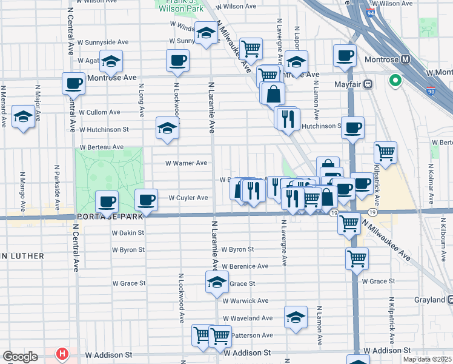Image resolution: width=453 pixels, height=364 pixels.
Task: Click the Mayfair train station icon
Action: pyautogui.click(x=367, y=86)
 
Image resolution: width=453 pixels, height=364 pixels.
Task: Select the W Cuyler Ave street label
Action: pyautogui.click(x=188, y=198)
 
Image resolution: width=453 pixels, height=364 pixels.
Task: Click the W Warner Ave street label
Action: pyautogui.click(x=187, y=163)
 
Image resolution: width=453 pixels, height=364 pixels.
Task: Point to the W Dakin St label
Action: pyautogui.click(x=128, y=232)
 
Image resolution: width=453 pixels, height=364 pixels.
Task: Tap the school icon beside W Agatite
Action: pyautogui.click(x=111, y=60)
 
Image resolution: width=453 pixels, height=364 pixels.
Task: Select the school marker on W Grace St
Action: pyautogui.click(x=217, y=282)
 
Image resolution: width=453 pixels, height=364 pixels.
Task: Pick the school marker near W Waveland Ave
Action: pyautogui.click(x=296, y=317)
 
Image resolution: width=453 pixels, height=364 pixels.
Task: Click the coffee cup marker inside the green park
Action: pyautogui.click(x=107, y=201)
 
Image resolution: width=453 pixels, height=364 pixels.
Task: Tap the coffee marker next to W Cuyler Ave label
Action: pyautogui.click(x=145, y=199)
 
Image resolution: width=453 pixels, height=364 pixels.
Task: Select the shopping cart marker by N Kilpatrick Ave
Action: pyautogui.click(x=385, y=152)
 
